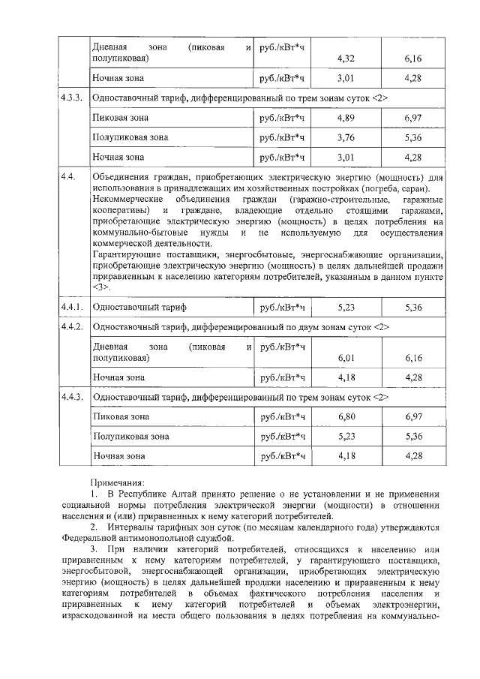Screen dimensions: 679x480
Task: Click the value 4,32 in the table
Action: tap(346, 57)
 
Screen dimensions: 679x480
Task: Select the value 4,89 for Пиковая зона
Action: tap(346, 119)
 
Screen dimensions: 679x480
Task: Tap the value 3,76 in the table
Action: tap(346, 138)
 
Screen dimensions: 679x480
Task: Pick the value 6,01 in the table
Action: tap(346, 358)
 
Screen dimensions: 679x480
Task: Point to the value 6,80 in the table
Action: tap(346, 416)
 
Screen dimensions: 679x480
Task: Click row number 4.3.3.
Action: tap(72, 98)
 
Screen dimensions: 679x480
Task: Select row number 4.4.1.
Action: tap(72, 308)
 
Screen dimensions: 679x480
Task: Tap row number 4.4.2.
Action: tap(72, 327)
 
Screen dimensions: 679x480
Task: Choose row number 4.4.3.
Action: tap(72, 397)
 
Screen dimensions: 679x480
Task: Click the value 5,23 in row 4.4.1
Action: tap(346, 308)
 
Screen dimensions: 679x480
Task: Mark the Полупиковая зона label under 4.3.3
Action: tap(130, 138)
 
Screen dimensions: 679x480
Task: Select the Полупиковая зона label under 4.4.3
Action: tap(130, 436)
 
